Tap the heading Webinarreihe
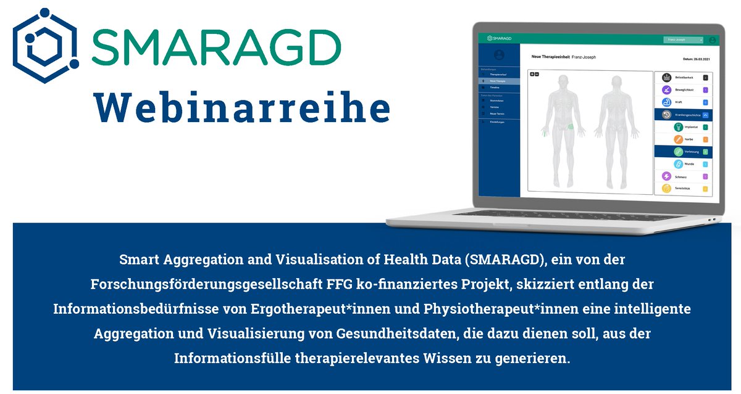click(242, 109)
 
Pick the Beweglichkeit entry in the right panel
click(685, 90)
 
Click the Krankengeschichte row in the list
click(685, 115)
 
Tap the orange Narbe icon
click(678, 140)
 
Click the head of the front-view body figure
click(562, 81)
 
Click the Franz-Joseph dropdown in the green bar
click(683, 39)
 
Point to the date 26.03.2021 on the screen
click(695, 59)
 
